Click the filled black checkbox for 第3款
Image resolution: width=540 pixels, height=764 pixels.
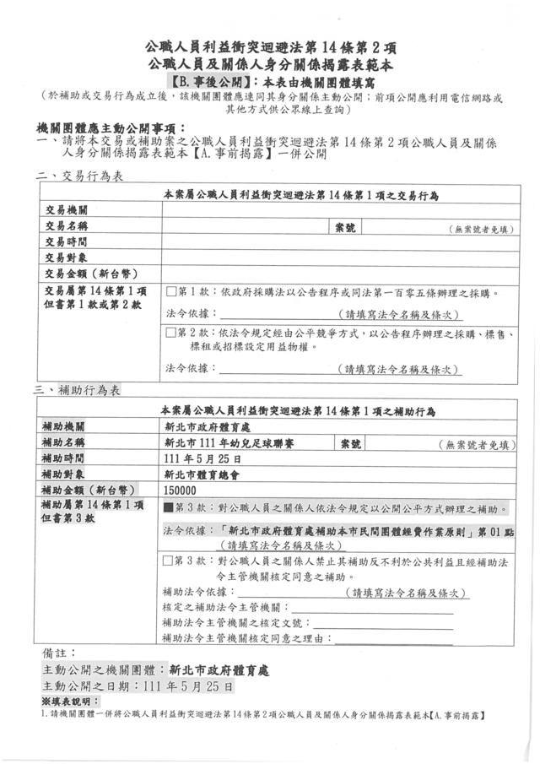pos(170,509)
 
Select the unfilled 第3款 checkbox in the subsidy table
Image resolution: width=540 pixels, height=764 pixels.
pos(170,560)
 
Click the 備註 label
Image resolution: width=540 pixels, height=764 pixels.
pos(59,652)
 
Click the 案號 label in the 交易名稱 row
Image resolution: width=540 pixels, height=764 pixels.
pos(345,226)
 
